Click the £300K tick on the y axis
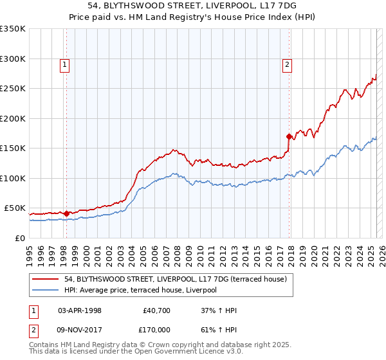(x=13, y=59)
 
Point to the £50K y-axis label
(x=15, y=208)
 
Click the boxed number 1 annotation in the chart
(x=66, y=64)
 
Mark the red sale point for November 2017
(x=289, y=136)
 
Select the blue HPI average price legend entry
(x=140, y=290)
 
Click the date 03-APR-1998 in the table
(x=80, y=310)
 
